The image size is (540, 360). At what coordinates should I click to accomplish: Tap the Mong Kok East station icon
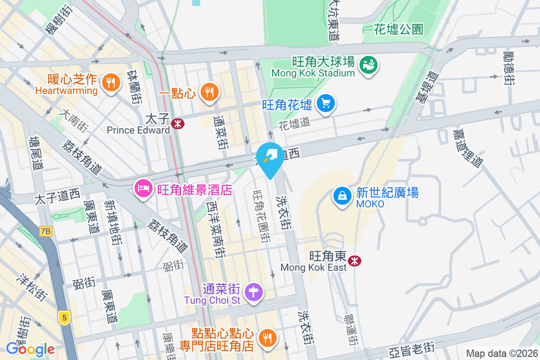pos(355,261)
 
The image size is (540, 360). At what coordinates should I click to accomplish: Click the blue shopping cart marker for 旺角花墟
pos(325,104)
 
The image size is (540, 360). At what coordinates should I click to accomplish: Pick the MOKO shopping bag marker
pos(342,196)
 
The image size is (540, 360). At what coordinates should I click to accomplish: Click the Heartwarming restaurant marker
pos(110,83)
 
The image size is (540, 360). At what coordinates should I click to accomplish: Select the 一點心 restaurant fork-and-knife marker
pos(208,92)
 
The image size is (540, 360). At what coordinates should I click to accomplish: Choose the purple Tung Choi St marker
pos(254,292)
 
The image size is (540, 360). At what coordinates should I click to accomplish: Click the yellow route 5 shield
pos(64,318)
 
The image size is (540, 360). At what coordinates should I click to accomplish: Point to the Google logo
pos(30,349)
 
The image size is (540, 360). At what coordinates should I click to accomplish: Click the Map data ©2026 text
pos(501,354)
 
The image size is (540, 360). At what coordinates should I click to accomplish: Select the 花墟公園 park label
pos(399,30)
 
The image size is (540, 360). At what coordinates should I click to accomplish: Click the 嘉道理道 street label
pos(468,148)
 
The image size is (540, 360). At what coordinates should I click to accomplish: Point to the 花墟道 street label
pos(294,122)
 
